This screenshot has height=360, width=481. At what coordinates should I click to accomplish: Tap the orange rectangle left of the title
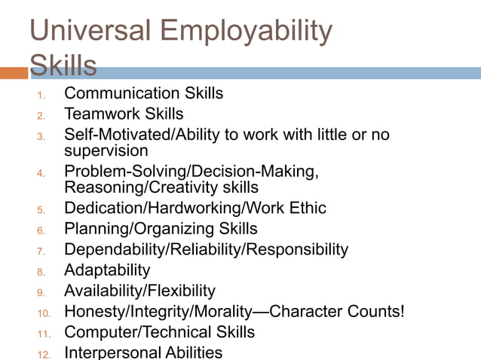14,73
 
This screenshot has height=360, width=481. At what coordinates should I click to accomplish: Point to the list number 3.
41,136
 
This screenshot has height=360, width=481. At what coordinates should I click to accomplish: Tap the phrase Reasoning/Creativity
137,187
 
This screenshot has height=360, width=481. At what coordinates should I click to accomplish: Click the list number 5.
41,209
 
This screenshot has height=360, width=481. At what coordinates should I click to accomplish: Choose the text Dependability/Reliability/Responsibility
206,249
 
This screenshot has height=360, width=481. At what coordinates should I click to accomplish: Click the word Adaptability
107,270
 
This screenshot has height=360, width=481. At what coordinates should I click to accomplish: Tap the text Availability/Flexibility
139,290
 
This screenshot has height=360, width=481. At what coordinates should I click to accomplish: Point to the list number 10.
44,313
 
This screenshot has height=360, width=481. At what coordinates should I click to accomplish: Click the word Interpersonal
112,352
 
